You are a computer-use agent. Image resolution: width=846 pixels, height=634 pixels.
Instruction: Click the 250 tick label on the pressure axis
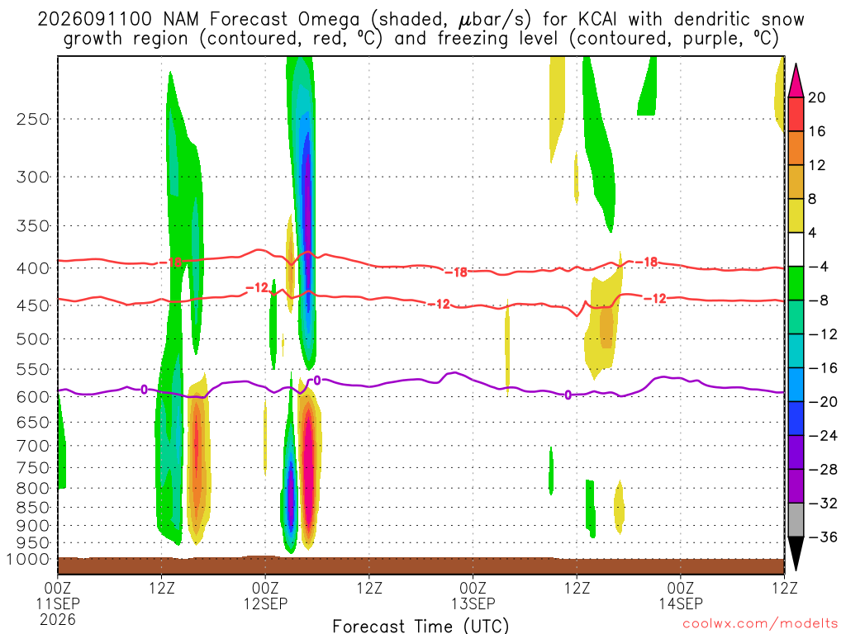point(33,119)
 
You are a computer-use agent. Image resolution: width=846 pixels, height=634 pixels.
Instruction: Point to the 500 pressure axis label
point(33,339)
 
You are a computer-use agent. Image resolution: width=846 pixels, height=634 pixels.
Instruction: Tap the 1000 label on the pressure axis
point(28,560)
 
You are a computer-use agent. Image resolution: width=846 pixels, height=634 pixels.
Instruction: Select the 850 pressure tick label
point(33,508)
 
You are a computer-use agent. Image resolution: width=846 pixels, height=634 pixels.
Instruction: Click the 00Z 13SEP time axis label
point(473,595)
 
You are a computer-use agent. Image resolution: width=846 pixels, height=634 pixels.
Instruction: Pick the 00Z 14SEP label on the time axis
point(681,595)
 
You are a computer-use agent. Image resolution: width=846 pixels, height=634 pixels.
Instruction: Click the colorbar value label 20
point(816,97)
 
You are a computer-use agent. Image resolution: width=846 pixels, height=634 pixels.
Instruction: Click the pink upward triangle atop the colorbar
point(796,82)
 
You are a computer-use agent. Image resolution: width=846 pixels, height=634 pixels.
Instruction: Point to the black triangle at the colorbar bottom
point(796,553)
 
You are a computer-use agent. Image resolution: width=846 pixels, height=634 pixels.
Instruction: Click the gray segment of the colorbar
point(796,520)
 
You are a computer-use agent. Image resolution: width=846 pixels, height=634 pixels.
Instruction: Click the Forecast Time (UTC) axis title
point(421,626)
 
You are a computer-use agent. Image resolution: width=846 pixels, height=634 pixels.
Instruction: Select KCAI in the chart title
point(597,20)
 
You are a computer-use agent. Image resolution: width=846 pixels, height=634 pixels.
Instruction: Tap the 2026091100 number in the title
point(95,20)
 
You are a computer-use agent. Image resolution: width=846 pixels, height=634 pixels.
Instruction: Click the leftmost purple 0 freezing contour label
point(144,390)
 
